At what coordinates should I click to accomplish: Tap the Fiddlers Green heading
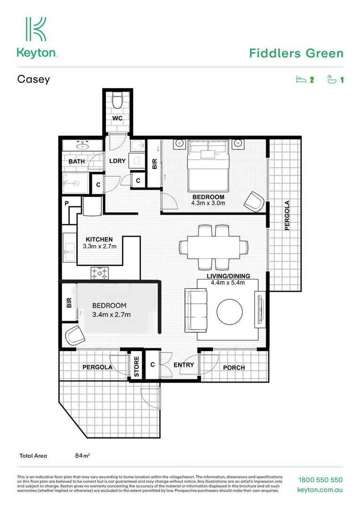pyautogui.click(x=296, y=53)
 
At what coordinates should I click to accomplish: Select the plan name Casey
pyautogui.click(x=33, y=79)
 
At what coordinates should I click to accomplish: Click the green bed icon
pyautogui.click(x=301, y=80)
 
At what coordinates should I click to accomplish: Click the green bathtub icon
pyautogui.click(x=332, y=80)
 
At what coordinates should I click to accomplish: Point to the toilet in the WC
pyautogui.click(x=117, y=101)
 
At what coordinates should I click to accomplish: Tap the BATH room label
pyautogui.click(x=76, y=162)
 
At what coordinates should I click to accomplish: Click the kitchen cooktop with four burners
pyautogui.click(x=100, y=272)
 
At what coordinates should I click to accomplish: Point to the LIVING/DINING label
pyautogui.click(x=228, y=276)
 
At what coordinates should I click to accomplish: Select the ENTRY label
pyautogui.click(x=184, y=365)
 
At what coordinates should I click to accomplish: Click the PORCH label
pyautogui.click(x=234, y=368)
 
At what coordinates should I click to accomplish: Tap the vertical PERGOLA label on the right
pyautogui.click(x=287, y=215)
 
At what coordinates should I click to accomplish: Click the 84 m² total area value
pyautogui.click(x=83, y=456)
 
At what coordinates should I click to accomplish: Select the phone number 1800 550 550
pyautogui.click(x=320, y=480)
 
